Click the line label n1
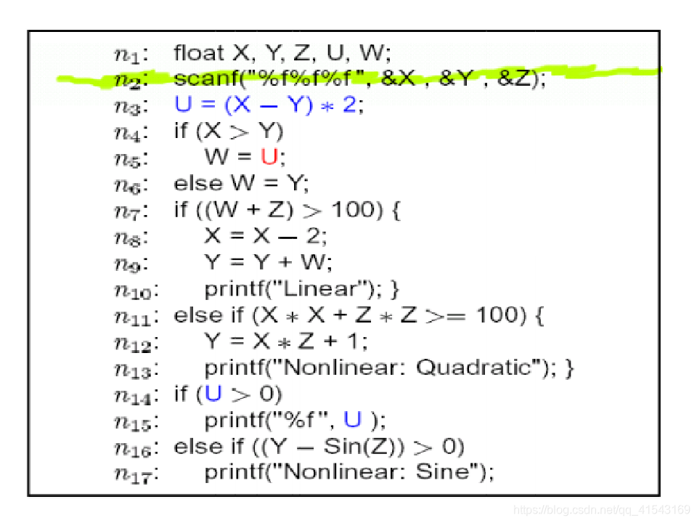tap(131, 54)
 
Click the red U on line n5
tap(269, 157)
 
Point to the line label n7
tap(131, 211)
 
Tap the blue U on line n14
tap(213, 394)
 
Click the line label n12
tap(134, 342)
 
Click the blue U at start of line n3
tap(183, 105)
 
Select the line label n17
tap(134, 474)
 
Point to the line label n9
tap(131, 264)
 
